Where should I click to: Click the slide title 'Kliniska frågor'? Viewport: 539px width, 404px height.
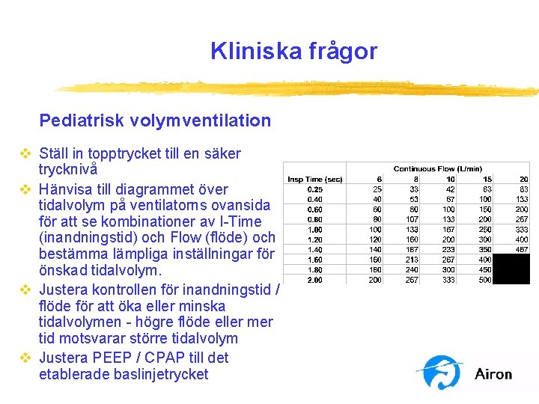tap(293, 51)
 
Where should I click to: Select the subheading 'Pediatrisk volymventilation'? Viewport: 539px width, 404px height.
tap(155, 120)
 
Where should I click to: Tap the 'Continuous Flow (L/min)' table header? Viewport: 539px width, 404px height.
tap(437, 168)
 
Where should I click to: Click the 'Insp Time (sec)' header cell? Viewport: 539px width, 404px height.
tap(315, 179)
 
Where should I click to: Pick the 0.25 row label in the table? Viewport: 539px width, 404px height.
tap(315, 189)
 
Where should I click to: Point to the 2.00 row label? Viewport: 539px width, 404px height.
tap(315, 279)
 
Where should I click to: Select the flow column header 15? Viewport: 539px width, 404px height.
tap(487, 179)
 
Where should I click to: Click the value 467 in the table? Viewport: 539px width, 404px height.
tap(522, 249)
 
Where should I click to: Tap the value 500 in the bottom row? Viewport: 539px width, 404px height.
tap(485, 279)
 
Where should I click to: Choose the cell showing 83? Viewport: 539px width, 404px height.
tap(523, 189)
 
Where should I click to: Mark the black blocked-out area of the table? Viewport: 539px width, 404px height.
tap(510, 269)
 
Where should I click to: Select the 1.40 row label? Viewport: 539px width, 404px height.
tap(315, 249)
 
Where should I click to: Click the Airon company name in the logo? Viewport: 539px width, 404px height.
tap(493, 373)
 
